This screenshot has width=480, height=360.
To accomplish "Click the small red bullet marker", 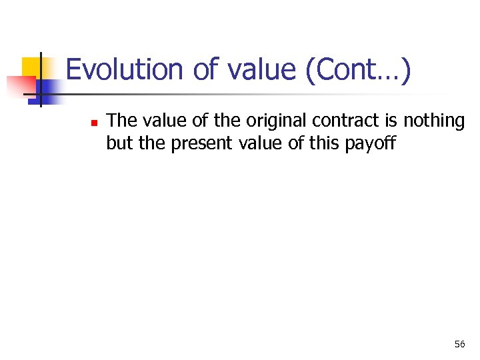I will pyautogui.click(x=94, y=122).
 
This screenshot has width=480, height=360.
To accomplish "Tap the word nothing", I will pyautogui.click(x=434, y=121).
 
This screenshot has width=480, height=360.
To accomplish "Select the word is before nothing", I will pyautogui.click(x=391, y=121).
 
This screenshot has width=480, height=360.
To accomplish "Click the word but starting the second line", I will pyautogui.click(x=119, y=143).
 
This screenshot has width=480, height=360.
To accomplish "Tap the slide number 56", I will pyautogui.click(x=459, y=344).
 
